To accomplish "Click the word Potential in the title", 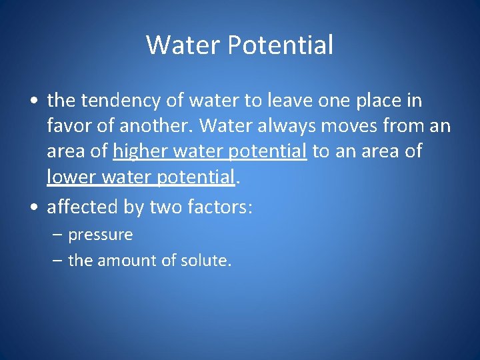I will (281, 45).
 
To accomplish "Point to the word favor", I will (70, 126).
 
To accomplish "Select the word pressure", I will (101, 235).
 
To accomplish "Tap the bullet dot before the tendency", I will (33, 102).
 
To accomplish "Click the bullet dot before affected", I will (33, 208).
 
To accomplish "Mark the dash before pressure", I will (57, 235).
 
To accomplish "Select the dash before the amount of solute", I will (57, 261).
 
